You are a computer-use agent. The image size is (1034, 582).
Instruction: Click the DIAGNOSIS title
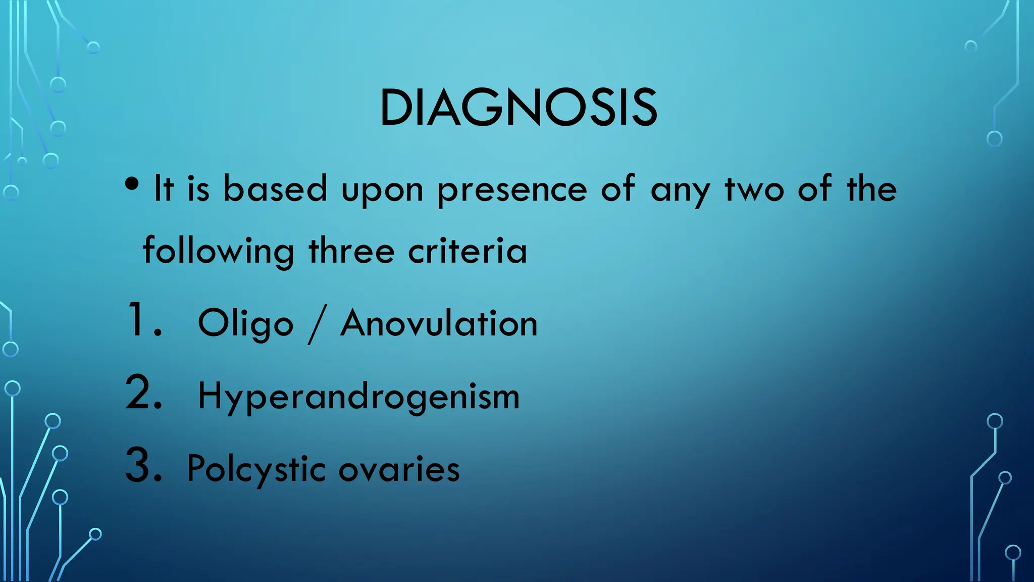point(518,108)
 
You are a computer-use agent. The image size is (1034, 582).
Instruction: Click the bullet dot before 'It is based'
point(132,184)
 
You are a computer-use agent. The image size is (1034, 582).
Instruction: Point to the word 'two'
point(754,190)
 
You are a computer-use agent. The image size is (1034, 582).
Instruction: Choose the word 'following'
point(218,251)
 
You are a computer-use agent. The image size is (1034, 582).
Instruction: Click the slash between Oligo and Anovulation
point(317,325)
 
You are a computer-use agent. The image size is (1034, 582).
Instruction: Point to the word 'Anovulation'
point(439,323)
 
